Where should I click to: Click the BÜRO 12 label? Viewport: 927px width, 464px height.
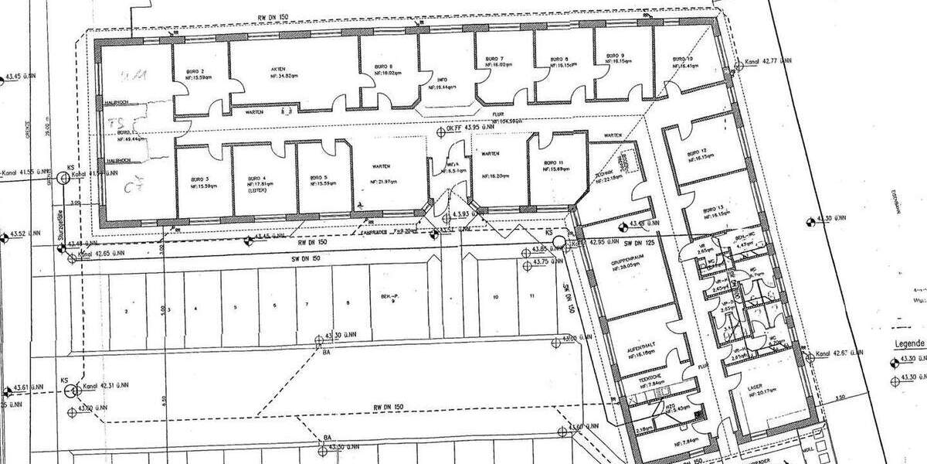point(701,152)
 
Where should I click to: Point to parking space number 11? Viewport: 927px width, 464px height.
point(532,296)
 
